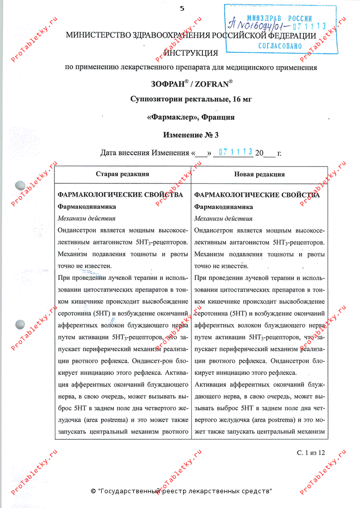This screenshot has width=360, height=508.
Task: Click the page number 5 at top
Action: (182, 8)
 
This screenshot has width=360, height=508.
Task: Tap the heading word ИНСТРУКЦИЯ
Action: (191, 53)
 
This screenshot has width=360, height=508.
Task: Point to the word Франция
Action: (218, 117)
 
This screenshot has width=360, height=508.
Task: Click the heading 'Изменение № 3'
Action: (191, 136)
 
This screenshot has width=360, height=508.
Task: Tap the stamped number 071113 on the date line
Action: (235, 152)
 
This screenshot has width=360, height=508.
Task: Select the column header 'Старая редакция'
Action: (123, 174)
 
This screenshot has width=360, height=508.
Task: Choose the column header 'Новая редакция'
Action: (259, 174)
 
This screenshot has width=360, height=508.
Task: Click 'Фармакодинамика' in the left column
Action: (87, 207)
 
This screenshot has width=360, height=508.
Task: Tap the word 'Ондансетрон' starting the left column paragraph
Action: (78, 230)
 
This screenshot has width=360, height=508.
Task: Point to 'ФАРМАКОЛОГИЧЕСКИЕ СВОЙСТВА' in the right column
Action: (257, 195)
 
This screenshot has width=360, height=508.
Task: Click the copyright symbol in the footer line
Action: (93, 491)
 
